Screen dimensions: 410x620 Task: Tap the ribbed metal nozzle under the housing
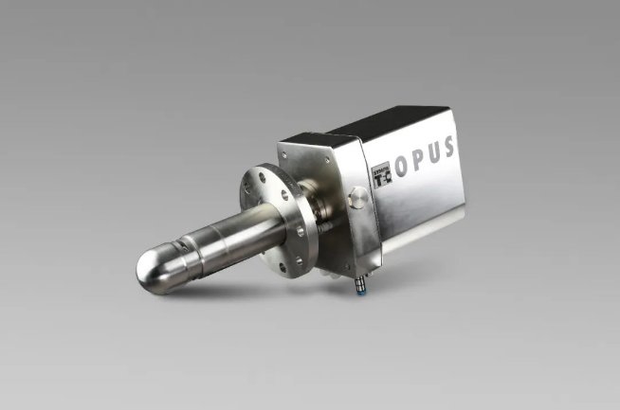coord(361,276)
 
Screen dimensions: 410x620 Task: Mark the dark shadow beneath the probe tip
coord(171,295)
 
